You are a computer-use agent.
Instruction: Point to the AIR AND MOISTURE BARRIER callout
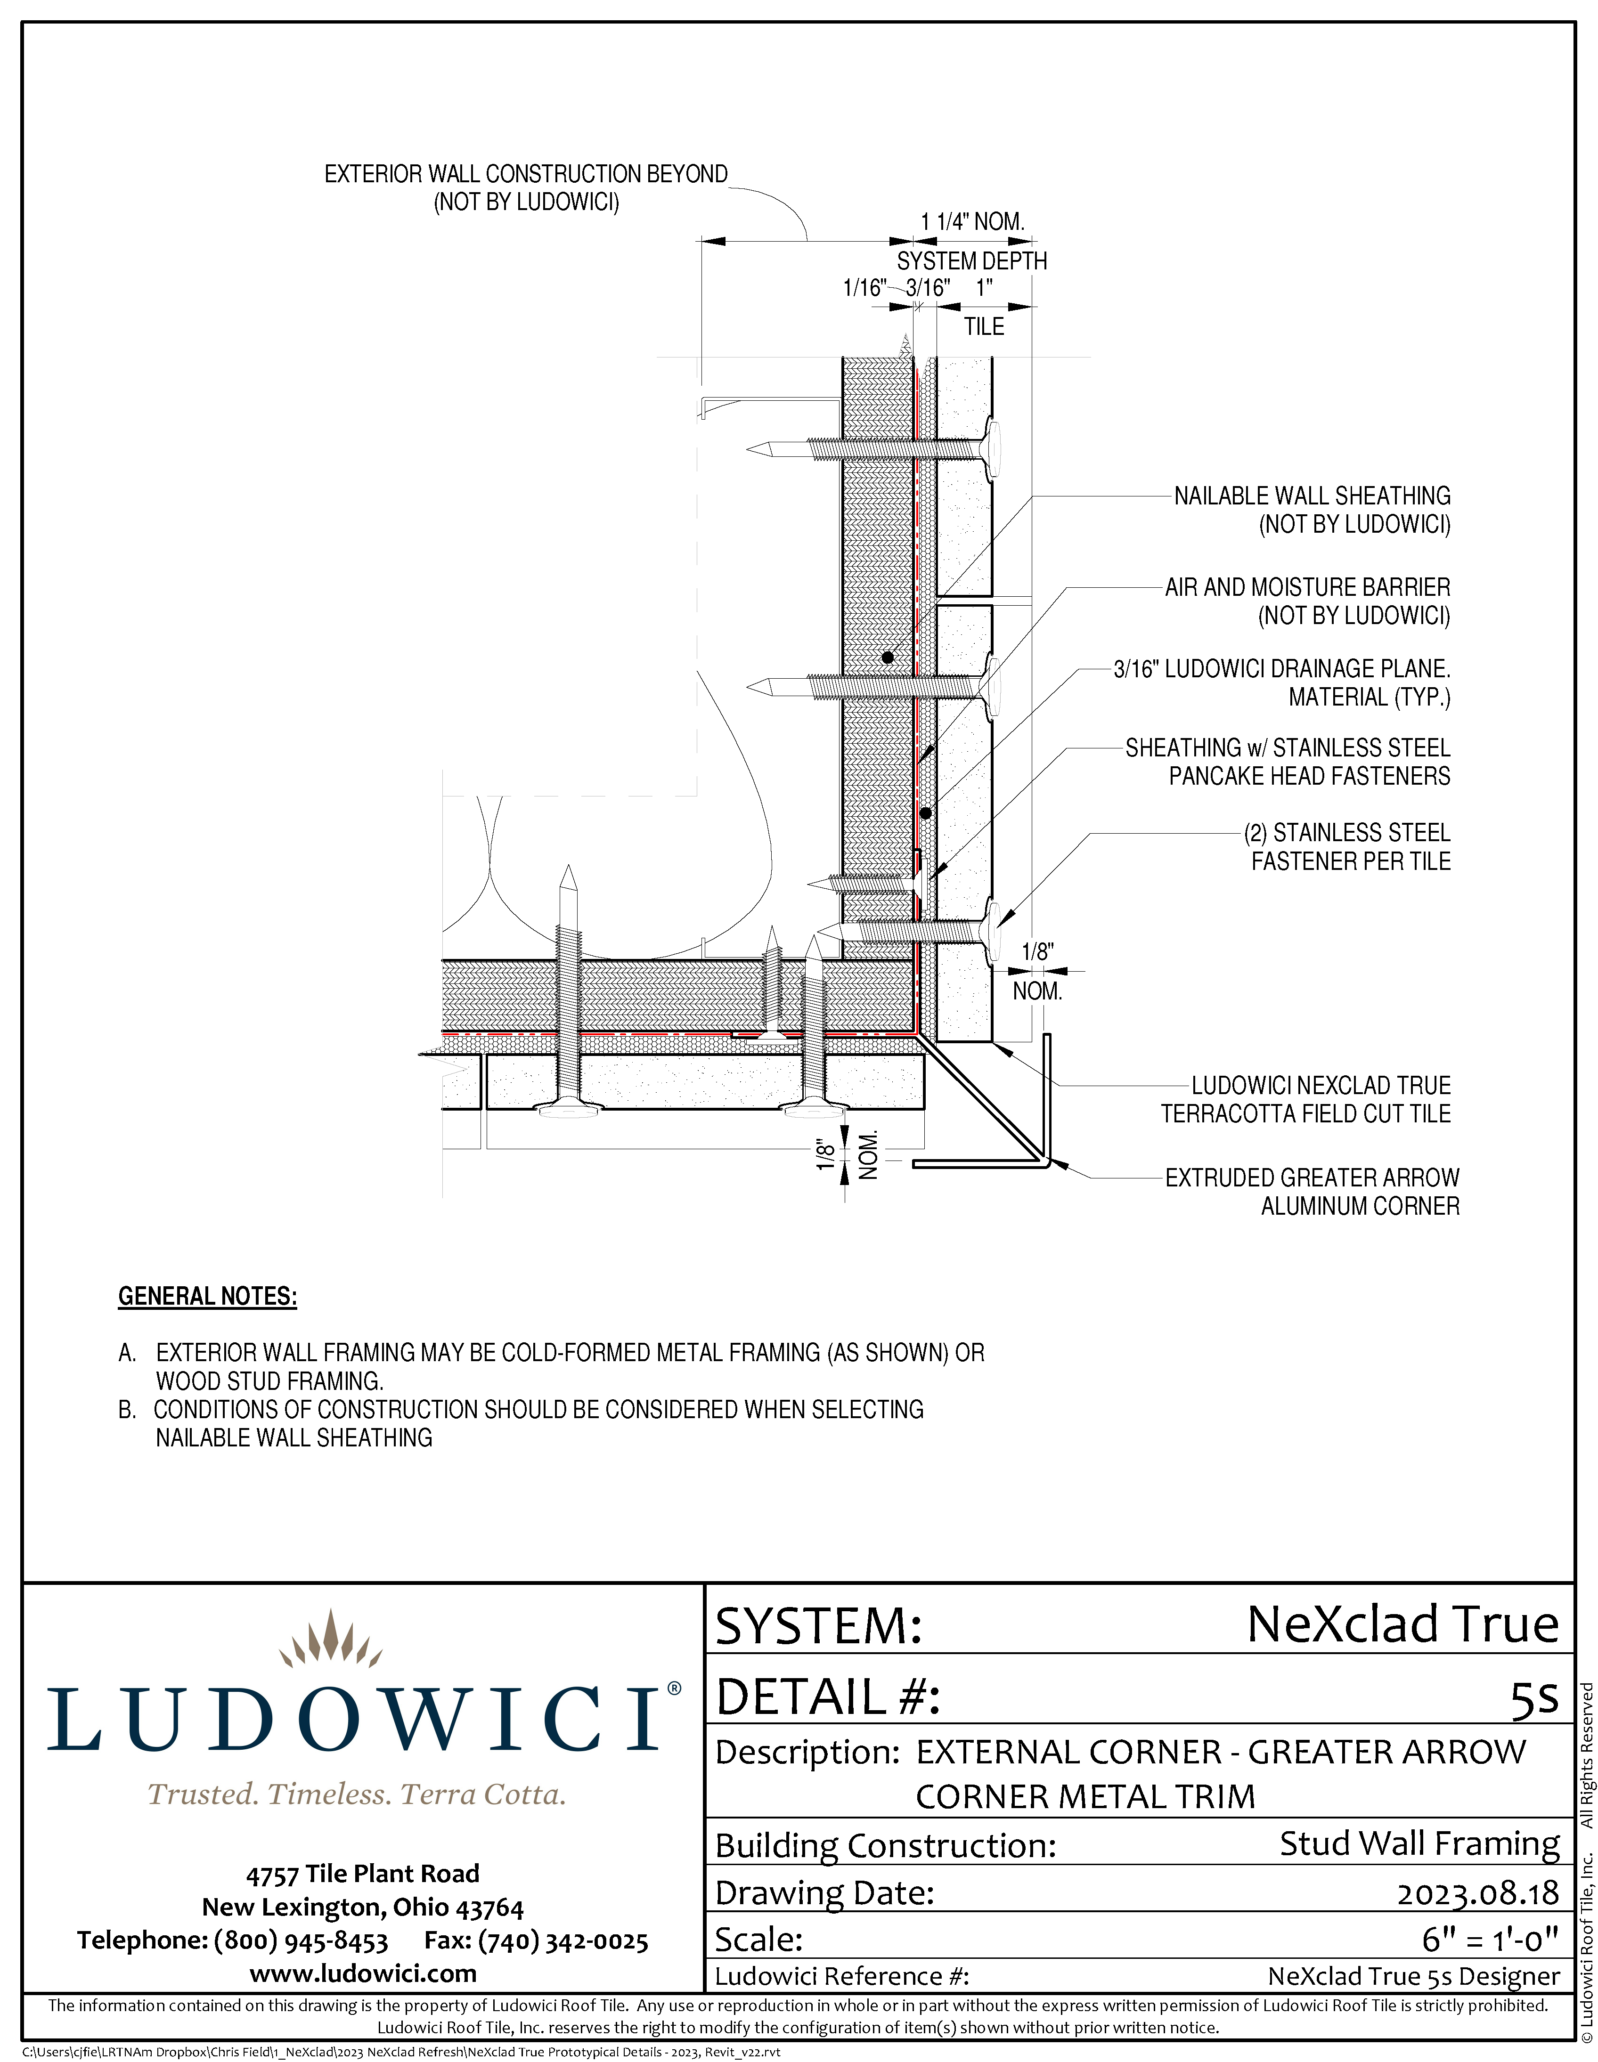(x=1307, y=587)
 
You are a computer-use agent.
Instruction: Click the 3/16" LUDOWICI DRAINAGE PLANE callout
(x=1281, y=669)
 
